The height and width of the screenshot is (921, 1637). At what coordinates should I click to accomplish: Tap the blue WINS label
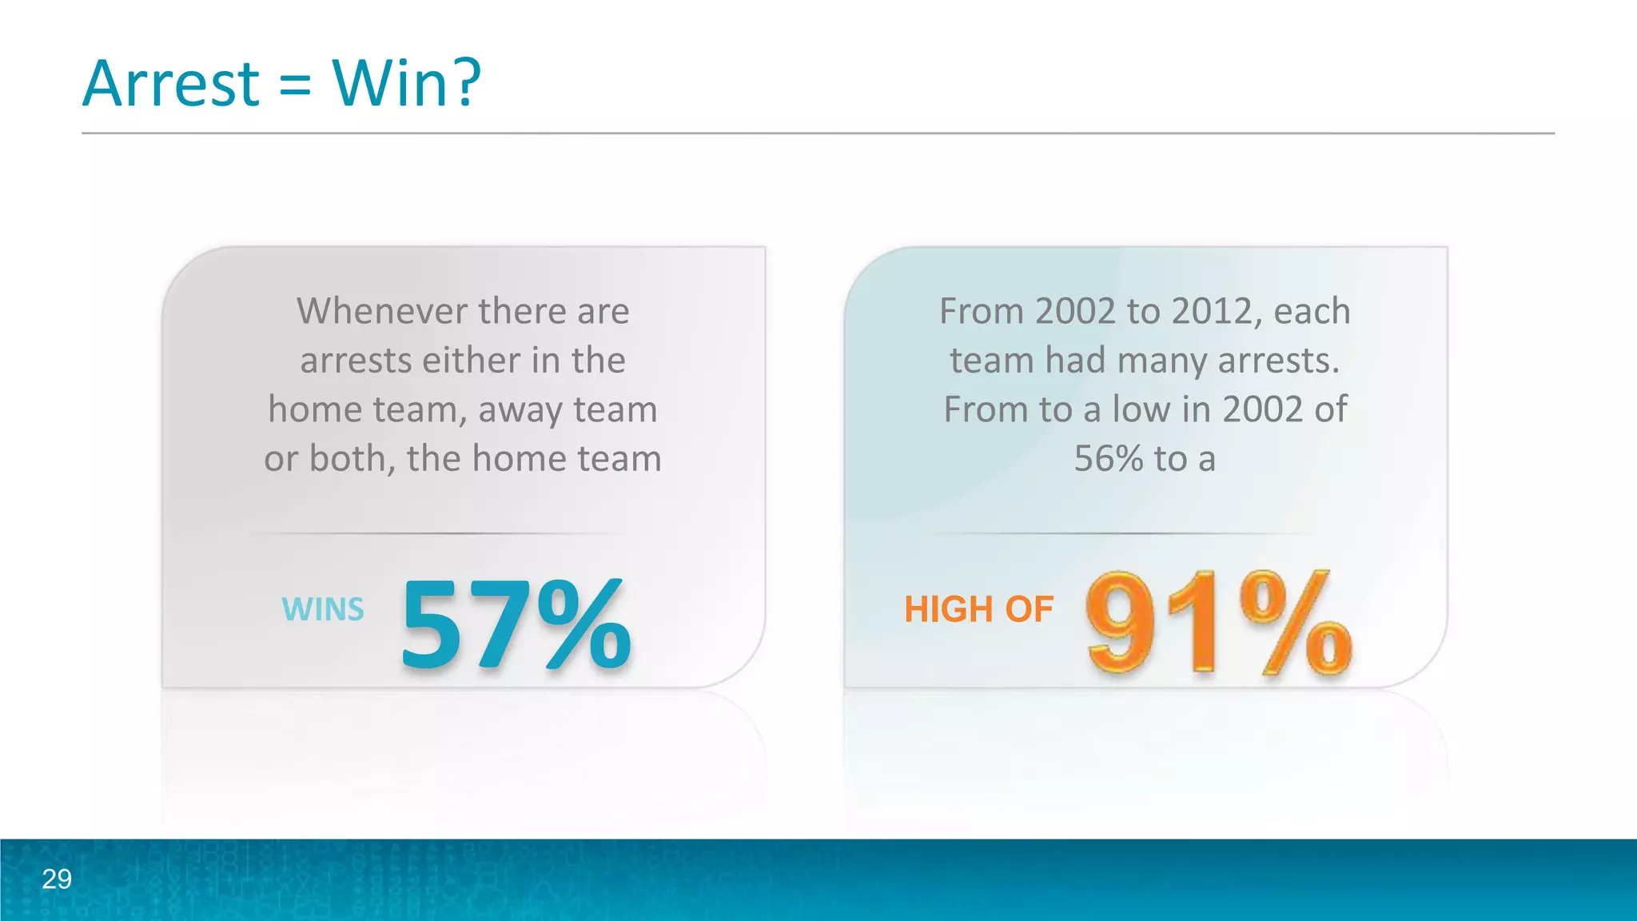[323, 609]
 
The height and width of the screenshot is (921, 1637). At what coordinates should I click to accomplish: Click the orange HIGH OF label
[978, 609]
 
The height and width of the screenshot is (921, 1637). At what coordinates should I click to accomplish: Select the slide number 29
[57, 879]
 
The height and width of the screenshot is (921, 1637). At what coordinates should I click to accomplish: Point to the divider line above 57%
[438, 533]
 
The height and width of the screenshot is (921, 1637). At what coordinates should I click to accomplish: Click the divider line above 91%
[1122, 533]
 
